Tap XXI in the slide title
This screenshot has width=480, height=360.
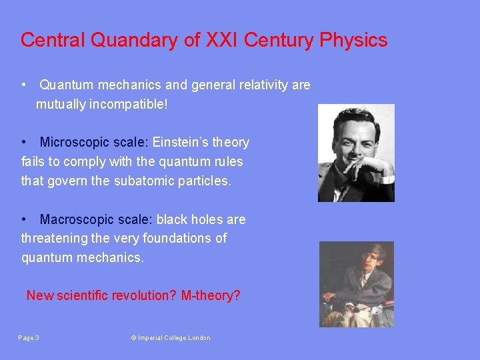[x=223, y=41]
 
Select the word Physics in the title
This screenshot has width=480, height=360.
[x=353, y=41]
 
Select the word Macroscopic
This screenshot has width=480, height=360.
[x=75, y=220]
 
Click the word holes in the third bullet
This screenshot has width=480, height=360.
[x=203, y=220]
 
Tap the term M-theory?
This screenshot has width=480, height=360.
[x=211, y=295]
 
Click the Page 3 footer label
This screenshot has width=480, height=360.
[x=29, y=338]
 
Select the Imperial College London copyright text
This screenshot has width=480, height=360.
[x=171, y=338]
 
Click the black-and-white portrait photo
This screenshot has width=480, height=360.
[x=356, y=153]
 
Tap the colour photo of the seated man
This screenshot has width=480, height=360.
[x=356, y=284]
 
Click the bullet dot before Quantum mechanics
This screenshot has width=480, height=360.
[x=23, y=85]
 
